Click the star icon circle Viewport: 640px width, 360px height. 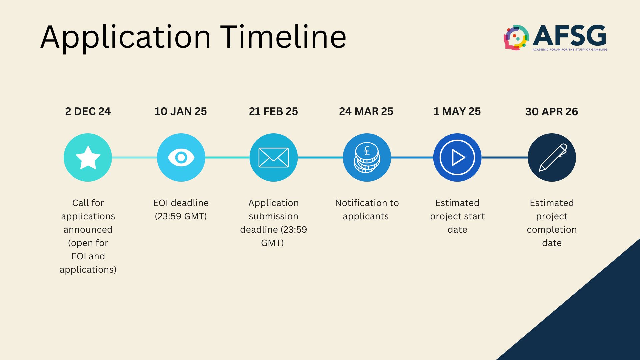[88, 157]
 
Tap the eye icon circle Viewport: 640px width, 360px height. [181, 157]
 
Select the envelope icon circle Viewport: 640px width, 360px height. [274, 157]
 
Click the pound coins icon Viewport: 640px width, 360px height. [367, 157]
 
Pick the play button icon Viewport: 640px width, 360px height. [457, 157]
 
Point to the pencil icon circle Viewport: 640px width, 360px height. [552, 157]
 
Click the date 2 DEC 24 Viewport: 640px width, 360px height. [88, 111]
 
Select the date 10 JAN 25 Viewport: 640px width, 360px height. [181, 111]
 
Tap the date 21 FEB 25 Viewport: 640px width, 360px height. [273, 111]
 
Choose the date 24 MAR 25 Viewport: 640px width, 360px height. [366, 111]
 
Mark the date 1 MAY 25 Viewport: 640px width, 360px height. [457, 111]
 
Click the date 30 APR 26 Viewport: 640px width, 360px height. [552, 112]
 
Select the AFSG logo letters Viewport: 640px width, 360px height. [570, 35]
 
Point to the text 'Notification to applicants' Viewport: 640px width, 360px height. [367, 210]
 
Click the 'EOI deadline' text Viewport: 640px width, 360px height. [181, 203]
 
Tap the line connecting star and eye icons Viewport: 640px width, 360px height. [134, 157]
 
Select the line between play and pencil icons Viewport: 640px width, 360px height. [505, 157]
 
